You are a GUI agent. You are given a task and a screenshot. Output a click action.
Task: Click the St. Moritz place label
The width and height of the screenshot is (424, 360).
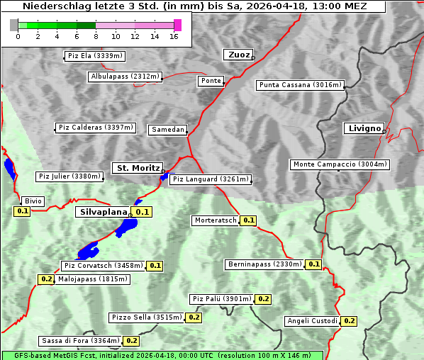(138, 168)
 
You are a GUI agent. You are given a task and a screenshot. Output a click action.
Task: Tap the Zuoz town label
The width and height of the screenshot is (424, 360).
(238, 55)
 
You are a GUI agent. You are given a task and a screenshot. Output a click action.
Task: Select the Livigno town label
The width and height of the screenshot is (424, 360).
(364, 128)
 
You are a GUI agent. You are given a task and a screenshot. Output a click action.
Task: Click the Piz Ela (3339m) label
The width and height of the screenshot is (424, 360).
(94, 55)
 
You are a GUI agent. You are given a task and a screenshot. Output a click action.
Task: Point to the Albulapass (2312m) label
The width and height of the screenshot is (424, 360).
(125, 77)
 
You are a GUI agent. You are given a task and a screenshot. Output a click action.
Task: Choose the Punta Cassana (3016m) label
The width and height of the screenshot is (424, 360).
(300, 85)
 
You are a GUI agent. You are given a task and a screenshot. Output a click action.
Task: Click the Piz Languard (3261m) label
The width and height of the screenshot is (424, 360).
(210, 179)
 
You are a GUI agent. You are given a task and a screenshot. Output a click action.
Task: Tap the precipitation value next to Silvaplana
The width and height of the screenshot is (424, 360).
(143, 212)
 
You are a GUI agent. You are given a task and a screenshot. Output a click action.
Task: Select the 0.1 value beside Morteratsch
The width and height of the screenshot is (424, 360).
(249, 220)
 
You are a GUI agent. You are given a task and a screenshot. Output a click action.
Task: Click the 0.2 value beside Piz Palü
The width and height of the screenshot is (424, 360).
(263, 299)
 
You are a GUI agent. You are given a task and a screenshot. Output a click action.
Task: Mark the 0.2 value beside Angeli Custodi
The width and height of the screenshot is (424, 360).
(349, 321)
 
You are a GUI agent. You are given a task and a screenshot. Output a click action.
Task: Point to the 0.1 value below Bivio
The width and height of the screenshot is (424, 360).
(22, 211)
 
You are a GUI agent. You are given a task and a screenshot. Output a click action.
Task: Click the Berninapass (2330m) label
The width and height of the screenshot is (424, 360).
(264, 264)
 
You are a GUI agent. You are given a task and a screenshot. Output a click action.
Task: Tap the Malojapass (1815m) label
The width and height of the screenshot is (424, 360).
(93, 279)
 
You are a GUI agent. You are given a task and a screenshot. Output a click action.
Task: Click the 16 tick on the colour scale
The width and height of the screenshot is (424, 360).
(174, 36)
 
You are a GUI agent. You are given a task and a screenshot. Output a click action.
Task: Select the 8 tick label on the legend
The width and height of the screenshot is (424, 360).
(96, 36)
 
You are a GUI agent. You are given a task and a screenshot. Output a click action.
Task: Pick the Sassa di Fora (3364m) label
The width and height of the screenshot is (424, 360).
(80, 341)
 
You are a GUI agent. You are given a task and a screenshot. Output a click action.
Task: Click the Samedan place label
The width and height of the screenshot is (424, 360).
(168, 130)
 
